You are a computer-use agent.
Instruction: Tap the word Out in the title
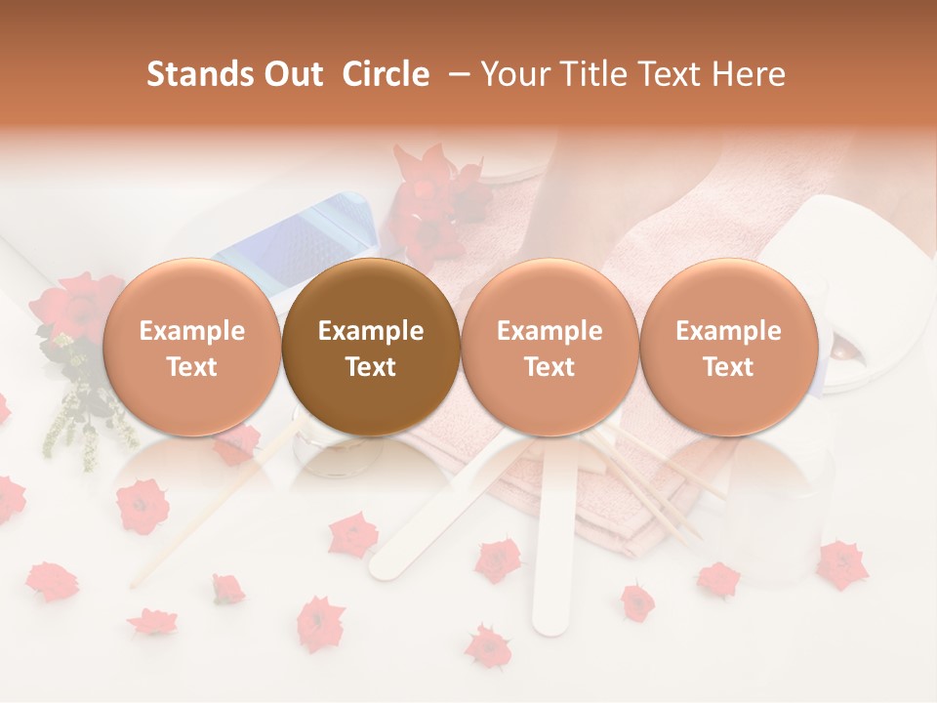[291, 74]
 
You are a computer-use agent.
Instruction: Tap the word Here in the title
[751, 74]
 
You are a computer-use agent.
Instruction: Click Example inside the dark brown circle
[371, 331]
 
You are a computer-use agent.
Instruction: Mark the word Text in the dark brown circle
[371, 367]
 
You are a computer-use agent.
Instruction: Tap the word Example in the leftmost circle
[191, 331]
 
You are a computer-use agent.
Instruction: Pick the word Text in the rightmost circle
[728, 367]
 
